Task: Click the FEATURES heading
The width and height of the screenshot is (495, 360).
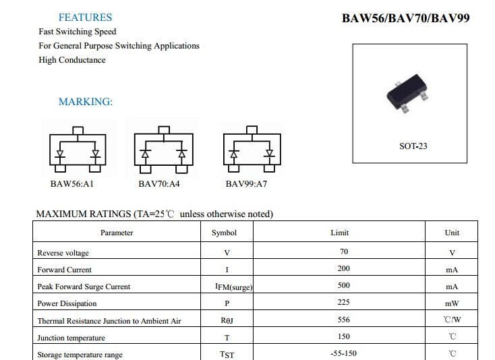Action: point(85,18)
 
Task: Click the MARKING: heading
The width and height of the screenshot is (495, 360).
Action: point(86,102)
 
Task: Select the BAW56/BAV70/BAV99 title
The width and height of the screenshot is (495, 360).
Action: point(406,18)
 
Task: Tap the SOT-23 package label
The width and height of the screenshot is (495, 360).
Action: point(413,146)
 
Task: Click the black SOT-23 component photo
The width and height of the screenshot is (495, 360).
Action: point(407,93)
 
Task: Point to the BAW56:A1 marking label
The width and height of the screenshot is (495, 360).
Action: point(72,184)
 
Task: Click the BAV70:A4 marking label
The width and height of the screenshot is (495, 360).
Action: point(159,184)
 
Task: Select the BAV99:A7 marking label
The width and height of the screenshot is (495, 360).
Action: point(246,184)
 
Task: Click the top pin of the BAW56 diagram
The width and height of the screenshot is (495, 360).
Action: point(78,131)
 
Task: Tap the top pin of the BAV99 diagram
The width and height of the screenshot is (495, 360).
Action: point(252,129)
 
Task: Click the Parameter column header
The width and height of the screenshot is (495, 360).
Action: point(117,233)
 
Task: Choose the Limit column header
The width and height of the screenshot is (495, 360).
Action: point(340,233)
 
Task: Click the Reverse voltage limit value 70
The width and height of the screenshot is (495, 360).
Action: point(344,251)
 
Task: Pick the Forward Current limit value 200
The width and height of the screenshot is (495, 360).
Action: point(344,268)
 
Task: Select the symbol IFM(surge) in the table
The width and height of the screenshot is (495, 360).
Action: point(233,287)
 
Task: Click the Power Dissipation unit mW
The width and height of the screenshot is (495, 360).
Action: point(452,303)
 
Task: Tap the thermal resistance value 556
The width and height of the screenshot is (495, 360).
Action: point(344,320)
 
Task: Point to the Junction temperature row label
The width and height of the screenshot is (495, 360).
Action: point(71,338)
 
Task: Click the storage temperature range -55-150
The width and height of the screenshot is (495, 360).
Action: point(344,353)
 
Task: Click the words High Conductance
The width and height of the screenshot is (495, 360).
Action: point(72,60)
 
